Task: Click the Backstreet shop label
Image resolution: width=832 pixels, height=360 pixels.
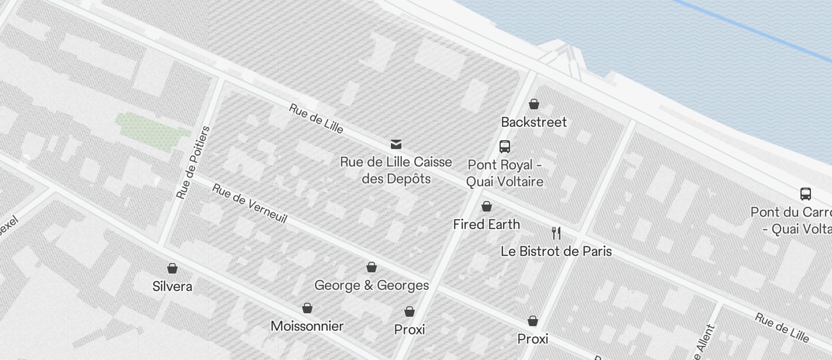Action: pyautogui.click(x=534, y=122)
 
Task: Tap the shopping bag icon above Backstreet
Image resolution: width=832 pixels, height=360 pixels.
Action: pyautogui.click(x=533, y=105)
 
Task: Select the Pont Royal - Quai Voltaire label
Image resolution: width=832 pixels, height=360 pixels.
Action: pyautogui.click(x=505, y=174)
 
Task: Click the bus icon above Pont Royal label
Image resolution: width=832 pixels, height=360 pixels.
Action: pyautogui.click(x=505, y=147)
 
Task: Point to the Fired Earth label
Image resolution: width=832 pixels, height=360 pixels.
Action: pyautogui.click(x=486, y=224)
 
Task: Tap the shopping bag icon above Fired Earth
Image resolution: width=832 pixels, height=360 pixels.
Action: pyautogui.click(x=486, y=206)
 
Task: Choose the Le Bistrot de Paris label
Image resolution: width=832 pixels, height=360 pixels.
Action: pyautogui.click(x=556, y=251)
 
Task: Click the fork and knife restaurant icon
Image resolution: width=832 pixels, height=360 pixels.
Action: pyautogui.click(x=556, y=233)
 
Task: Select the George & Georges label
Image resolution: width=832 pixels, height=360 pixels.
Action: pyautogui.click(x=372, y=285)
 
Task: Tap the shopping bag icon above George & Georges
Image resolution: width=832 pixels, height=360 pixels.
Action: pyautogui.click(x=371, y=268)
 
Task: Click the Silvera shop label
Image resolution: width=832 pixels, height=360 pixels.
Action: pyautogui.click(x=172, y=286)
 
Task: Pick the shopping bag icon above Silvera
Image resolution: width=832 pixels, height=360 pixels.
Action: pyautogui.click(x=172, y=268)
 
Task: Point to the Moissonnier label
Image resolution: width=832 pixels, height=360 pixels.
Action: pyautogui.click(x=307, y=326)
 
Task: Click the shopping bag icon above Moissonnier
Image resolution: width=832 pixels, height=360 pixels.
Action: pyautogui.click(x=307, y=308)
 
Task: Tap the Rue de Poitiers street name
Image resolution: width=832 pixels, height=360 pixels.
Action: pyautogui.click(x=193, y=162)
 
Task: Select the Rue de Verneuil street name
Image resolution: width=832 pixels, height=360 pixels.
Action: pyautogui.click(x=249, y=203)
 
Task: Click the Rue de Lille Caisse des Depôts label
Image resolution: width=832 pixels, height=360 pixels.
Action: pyautogui.click(x=396, y=170)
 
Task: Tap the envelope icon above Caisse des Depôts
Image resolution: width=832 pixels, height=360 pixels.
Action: pyautogui.click(x=396, y=144)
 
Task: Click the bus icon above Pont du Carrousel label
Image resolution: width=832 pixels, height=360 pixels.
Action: pyautogui.click(x=805, y=194)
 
